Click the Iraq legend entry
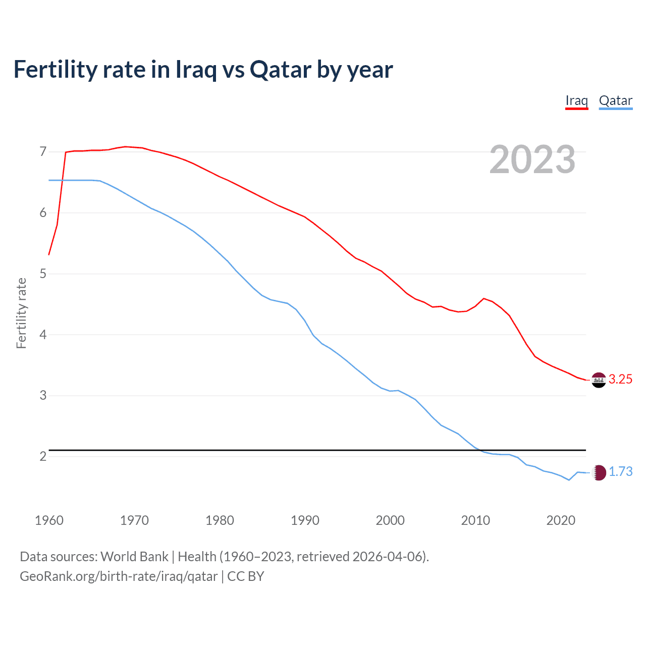coord(576,100)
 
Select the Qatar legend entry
coord(615,100)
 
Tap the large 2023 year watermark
coord(532,159)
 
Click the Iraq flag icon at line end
coord(599,380)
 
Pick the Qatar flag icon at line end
coord(599,472)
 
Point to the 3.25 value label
coord(620,380)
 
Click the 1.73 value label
coord(620,472)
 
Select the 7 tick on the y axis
coord(43,152)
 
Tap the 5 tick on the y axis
coord(43,274)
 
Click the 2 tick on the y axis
coord(43,457)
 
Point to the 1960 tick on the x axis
coord(49,520)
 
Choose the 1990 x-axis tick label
coord(305,520)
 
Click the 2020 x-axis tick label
coord(561,520)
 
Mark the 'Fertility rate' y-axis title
coord(21,313)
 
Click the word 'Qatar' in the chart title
coord(281,70)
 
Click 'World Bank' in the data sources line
coord(134,557)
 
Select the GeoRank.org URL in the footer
coord(119,576)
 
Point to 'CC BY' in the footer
coord(246,576)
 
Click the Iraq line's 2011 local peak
coord(484,298)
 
